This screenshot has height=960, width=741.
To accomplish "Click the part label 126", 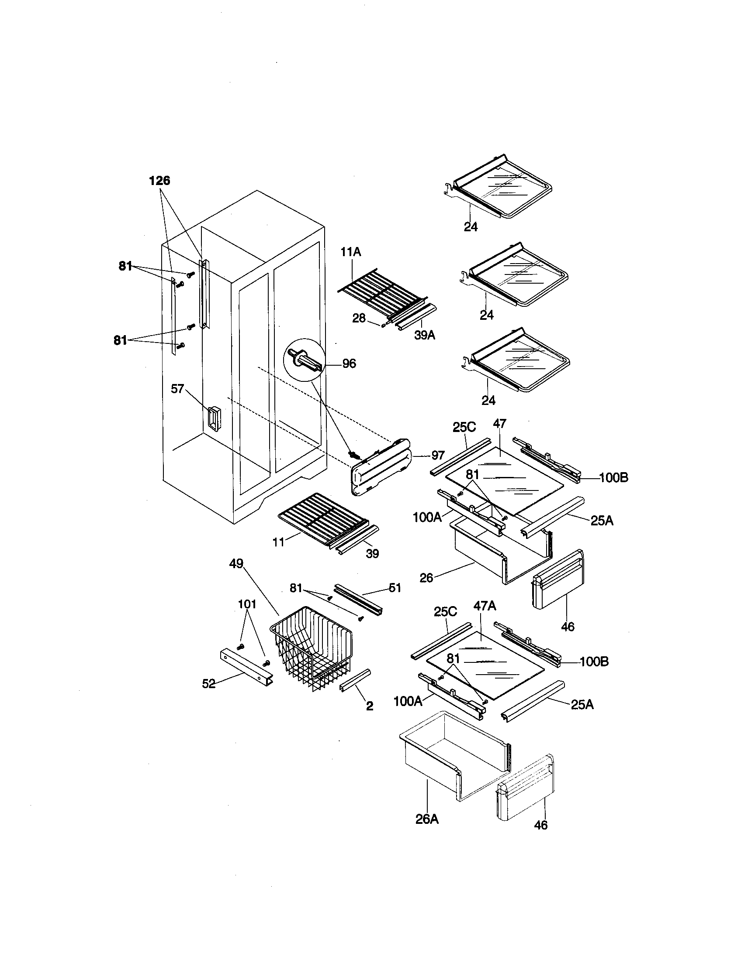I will pos(159,181).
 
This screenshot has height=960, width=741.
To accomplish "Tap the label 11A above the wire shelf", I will pos(350,252).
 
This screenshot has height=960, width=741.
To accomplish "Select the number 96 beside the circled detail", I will pos(349,363).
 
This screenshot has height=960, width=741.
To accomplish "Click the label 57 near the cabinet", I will pos(177,388).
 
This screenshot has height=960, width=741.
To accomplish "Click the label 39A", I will pos(425,336).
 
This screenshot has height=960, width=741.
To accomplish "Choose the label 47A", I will pos(485,606).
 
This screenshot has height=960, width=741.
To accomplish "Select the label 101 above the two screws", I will pos(247,604).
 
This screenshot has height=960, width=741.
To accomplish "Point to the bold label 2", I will pos(370,706).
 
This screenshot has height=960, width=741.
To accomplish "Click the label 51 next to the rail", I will pos(395,588).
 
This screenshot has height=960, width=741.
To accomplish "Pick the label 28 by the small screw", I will pos(359,318).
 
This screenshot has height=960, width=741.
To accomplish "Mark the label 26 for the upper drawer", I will pos(426,578).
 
